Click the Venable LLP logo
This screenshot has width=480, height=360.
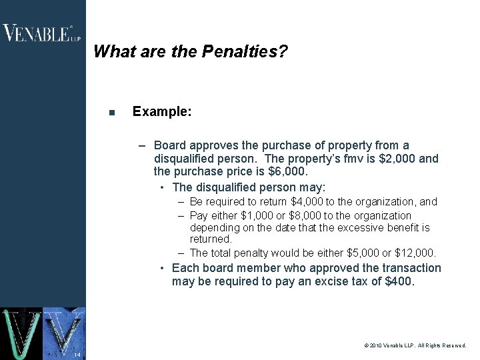[41, 33]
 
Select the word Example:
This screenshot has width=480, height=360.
[162, 112]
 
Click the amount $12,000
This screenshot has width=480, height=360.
[415, 253]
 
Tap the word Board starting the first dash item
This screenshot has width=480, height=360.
[169, 145]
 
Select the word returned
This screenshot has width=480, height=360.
[211, 239]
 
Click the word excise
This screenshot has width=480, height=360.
[340, 281]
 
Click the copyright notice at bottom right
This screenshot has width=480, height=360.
[415, 346]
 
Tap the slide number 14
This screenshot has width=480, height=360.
[77, 354]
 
